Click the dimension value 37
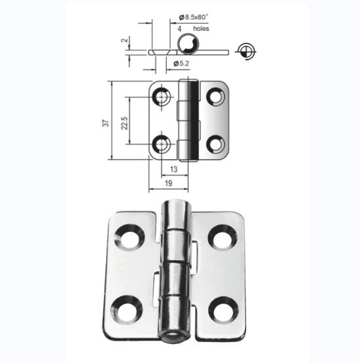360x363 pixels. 106,123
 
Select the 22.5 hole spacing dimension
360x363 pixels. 124,123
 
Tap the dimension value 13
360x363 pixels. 173,169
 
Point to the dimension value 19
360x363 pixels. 169,183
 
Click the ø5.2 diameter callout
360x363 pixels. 181,63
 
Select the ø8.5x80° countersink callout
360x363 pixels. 194,17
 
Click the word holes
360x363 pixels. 201,28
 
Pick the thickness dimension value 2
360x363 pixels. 124,40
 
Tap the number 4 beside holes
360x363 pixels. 179,29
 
